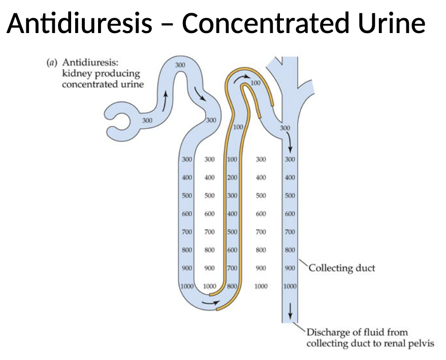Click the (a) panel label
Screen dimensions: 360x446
pos(51,63)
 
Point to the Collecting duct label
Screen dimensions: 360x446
pos(342,267)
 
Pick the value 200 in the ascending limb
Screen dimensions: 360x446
pos(232,177)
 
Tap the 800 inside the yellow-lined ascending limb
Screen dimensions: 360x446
pos(232,286)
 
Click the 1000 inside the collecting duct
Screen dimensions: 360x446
pos(290,286)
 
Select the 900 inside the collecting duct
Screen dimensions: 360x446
pos(290,268)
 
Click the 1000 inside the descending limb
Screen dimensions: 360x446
pos(187,286)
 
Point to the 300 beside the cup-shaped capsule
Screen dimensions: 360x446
pos(147,121)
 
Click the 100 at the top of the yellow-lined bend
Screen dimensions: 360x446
pos(256,83)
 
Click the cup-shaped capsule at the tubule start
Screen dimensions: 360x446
pos(122,121)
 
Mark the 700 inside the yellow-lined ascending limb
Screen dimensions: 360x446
pos(232,268)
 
